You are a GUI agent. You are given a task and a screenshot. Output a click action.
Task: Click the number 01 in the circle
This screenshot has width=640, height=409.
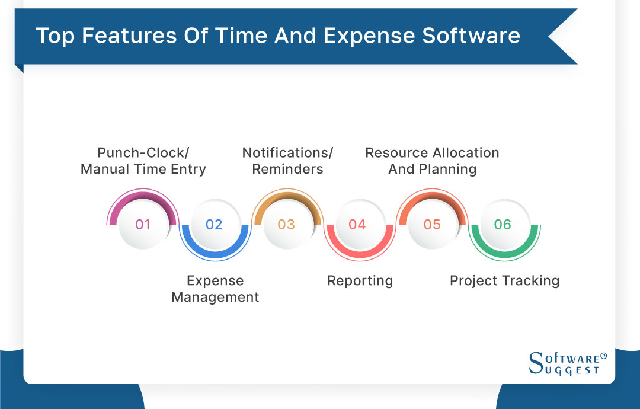(143, 225)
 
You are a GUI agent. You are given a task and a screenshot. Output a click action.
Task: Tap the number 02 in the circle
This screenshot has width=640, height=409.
(214, 225)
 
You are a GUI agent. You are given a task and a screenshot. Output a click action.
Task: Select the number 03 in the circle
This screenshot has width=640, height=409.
(286, 225)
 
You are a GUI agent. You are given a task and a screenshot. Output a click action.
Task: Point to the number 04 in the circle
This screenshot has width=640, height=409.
(357, 225)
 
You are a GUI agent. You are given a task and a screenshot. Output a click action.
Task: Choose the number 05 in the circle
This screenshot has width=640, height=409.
(432, 225)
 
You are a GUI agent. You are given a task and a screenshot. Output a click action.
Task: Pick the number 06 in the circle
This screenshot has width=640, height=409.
(503, 225)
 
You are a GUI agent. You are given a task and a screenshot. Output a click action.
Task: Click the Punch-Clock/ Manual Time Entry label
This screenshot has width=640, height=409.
(143, 161)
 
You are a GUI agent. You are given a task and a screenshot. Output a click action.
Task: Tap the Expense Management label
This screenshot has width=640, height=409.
(215, 289)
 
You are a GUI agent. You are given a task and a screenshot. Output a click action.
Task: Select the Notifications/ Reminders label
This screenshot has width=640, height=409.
(287, 161)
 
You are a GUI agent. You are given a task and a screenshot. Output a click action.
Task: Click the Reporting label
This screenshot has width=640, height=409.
(360, 280)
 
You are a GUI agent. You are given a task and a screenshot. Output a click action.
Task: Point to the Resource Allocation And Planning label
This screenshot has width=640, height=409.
(432, 161)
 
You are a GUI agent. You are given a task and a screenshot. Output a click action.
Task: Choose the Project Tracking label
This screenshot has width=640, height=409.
(504, 280)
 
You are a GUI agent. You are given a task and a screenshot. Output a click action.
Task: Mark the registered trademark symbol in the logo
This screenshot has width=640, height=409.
(603, 356)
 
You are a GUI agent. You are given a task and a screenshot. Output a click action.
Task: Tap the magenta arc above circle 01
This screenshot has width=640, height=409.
(142, 194)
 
